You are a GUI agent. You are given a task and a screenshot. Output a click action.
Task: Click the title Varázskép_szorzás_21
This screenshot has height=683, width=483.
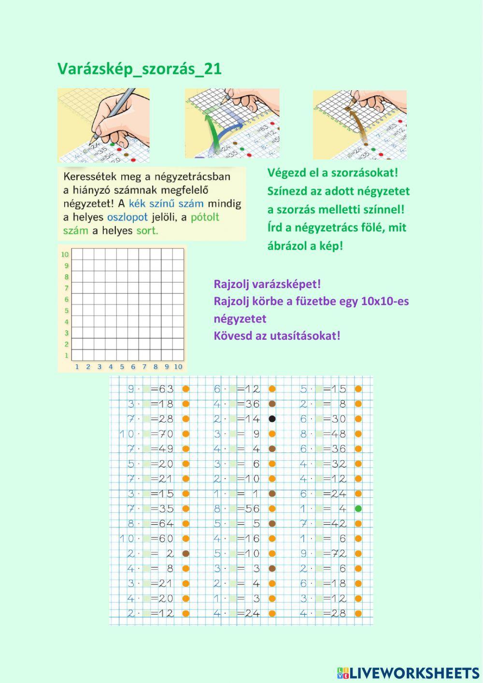pyautogui.click(x=140, y=69)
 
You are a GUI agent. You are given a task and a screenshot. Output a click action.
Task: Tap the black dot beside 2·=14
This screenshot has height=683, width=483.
pyautogui.click(x=272, y=419)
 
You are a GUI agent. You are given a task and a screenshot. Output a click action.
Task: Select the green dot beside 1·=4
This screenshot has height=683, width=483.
pyautogui.click(x=358, y=509)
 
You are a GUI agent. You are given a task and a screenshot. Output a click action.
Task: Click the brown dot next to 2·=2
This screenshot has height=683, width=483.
pyautogui.click(x=186, y=553)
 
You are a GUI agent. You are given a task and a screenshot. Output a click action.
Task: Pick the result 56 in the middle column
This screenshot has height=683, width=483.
pyautogui.click(x=253, y=509)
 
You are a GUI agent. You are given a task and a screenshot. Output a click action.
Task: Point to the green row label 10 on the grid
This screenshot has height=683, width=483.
pyautogui.click(x=64, y=254)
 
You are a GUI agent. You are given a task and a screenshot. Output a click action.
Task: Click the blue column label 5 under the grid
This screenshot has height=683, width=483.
pyautogui.click(x=122, y=367)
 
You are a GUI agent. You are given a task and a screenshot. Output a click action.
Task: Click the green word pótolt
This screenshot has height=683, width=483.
pyautogui.click(x=205, y=217)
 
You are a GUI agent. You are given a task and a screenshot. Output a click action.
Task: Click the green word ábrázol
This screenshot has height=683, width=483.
pyautogui.click(x=289, y=246)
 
